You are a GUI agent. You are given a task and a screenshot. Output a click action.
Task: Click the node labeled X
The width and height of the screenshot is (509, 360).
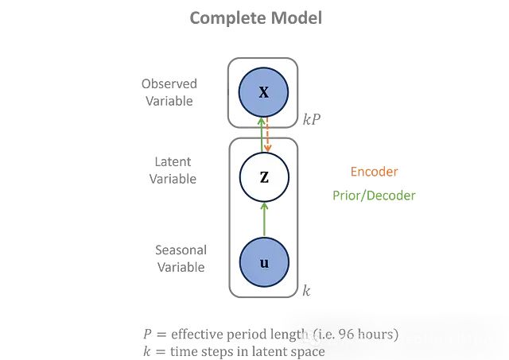click(x=264, y=93)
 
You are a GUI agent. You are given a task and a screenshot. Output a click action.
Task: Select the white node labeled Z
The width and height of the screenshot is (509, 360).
click(x=264, y=176)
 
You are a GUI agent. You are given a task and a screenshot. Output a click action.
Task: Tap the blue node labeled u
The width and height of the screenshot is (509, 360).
click(x=264, y=261)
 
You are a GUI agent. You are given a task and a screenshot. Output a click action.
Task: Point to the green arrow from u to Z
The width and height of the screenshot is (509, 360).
click(x=264, y=219)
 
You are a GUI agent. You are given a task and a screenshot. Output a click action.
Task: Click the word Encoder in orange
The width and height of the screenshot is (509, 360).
click(x=374, y=172)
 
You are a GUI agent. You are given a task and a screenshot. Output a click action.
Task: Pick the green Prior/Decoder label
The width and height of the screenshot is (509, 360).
click(x=374, y=195)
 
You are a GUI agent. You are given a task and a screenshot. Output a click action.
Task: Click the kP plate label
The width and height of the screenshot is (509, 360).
click(x=311, y=122)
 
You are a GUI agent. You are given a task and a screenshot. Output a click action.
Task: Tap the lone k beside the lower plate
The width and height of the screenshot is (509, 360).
click(x=306, y=291)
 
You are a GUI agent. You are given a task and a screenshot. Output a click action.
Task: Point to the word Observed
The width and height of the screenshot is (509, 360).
click(x=169, y=83)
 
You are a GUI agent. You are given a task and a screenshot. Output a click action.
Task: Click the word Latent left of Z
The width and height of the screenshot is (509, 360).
click(x=173, y=162)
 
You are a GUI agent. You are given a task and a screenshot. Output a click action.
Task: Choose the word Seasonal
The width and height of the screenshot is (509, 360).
click(x=181, y=250)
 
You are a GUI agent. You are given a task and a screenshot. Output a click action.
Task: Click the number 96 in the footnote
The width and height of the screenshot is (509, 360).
click(x=347, y=334)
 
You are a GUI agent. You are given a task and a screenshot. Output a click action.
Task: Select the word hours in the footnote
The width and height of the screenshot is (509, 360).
click(x=378, y=334)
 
